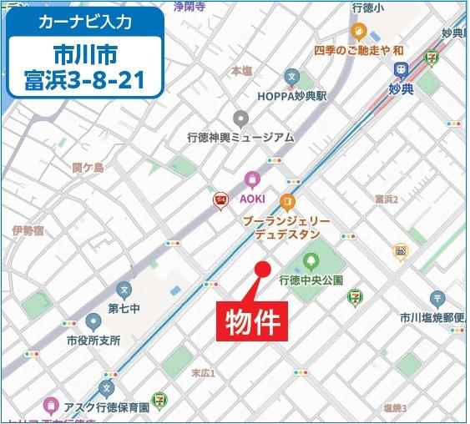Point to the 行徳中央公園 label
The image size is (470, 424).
pos(311,280)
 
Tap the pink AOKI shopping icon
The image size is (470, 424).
pos(251,179)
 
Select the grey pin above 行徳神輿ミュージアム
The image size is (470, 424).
pos(241,118)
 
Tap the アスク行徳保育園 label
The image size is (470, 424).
pos(107,407)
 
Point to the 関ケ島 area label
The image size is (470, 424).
pos(88,167)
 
